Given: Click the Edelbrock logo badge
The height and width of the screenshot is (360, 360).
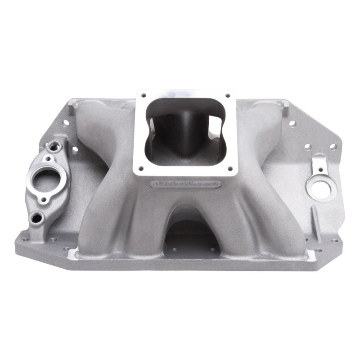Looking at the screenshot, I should coord(186,184).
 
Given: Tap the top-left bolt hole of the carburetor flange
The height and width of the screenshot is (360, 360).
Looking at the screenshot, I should coord(144,95).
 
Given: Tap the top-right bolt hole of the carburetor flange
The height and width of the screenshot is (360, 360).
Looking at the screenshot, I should coord(228,95).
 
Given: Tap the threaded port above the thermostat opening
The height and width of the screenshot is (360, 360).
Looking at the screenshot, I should coord(54,146).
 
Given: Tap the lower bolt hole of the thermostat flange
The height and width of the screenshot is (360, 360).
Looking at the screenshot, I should coord(44,199).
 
